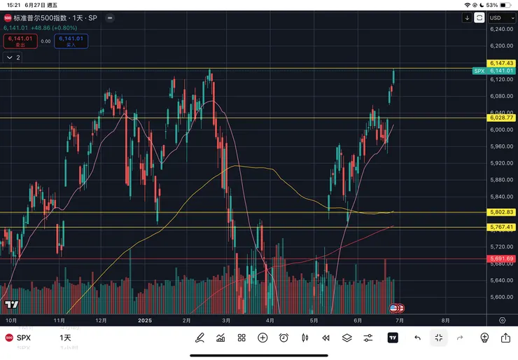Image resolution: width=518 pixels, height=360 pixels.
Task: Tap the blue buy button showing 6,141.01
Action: click(x=72, y=41)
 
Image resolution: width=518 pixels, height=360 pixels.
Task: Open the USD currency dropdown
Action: click(x=497, y=18)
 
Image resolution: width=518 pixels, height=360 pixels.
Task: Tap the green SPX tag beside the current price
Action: click(x=479, y=71)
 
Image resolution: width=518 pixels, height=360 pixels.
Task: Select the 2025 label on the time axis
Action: click(x=145, y=320)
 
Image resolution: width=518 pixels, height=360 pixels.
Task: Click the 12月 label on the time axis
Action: click(x=101, y=320)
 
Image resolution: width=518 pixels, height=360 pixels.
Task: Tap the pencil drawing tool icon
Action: click(x=199, y=338)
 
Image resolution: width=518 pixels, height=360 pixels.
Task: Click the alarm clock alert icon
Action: click(x=283, y=338)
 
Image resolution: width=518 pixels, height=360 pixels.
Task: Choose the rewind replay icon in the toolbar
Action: click(x=325, y=338)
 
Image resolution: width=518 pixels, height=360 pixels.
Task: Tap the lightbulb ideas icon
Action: click(x=484, y=338)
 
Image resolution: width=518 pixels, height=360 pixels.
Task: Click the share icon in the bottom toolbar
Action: click(x=505, y=338)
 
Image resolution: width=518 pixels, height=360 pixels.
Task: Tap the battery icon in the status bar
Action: click(x=505, y=5)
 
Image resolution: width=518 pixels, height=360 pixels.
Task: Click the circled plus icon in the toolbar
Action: click(x=262, y=338)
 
